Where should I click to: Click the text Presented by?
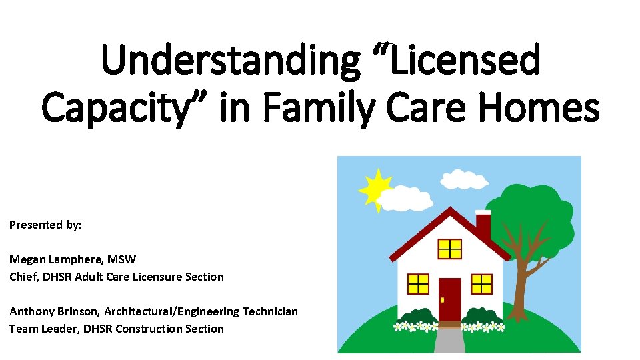tap(45, 225)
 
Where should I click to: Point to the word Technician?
tap(269, 311)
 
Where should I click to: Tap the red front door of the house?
tap(450, 300)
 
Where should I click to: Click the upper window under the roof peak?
tap(450, 249)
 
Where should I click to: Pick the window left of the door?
tap(418, 283)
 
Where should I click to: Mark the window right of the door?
tap(481, 283)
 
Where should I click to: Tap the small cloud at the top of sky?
tap(465, 179)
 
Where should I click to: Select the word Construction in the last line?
tap(147, 329)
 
